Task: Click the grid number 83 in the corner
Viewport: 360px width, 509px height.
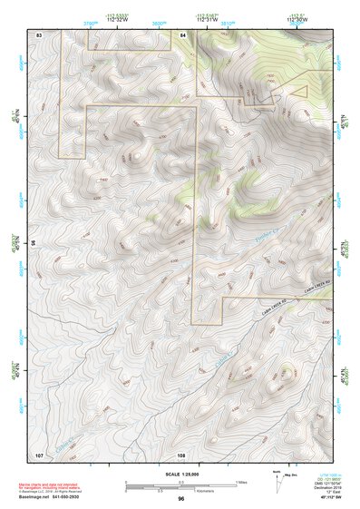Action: (x=39, y=34)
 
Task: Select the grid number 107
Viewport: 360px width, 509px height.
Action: (x=39, y=453)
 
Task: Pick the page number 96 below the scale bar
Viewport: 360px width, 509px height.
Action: (x=181, y=498)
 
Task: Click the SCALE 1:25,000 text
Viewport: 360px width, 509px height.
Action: (x=180, y=473)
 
